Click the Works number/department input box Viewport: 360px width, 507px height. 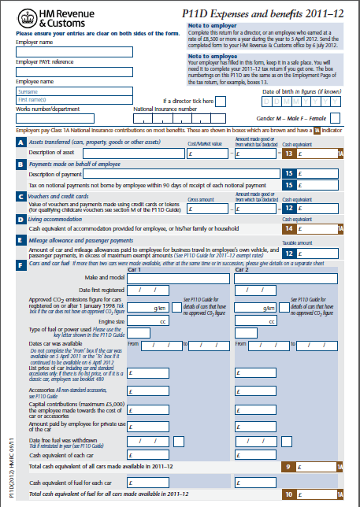pyautogui.click(x=73, y=118)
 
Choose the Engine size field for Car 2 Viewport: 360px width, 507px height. pyautogui.click(x=265, y=321)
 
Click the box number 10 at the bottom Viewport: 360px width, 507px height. pyautogui.click(x=289, y=494)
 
